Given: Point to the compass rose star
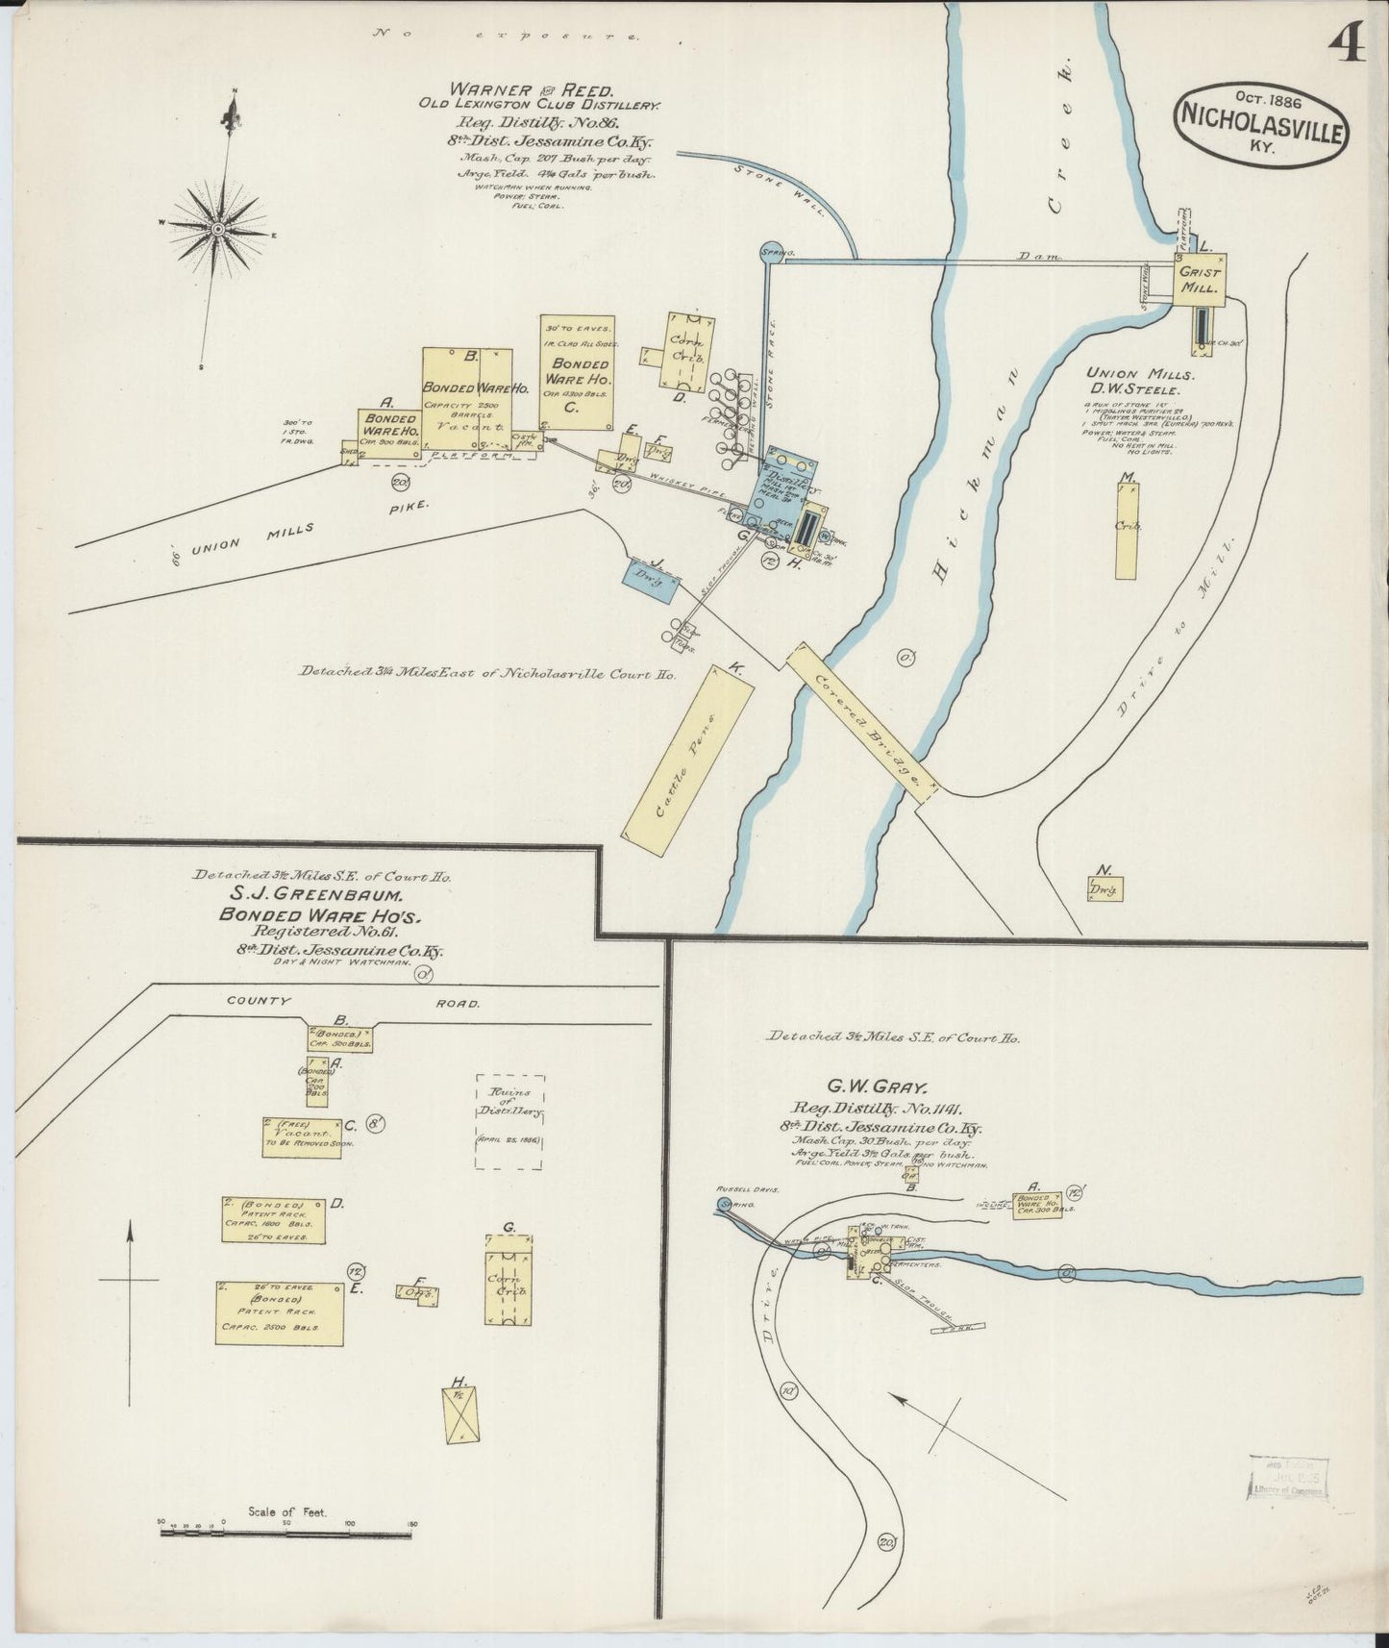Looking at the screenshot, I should pyautogui.click(x=218, y=229).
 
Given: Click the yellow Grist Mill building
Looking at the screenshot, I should pyautogui.click(x=1199, y=280).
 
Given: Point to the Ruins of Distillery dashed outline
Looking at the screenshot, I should pyautogui.click(x=510, y=1122).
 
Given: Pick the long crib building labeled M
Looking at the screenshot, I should pyautogui.click(x=1127, y=531).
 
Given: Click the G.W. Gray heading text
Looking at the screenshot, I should pyautogui.click(x=886, y=1088).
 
